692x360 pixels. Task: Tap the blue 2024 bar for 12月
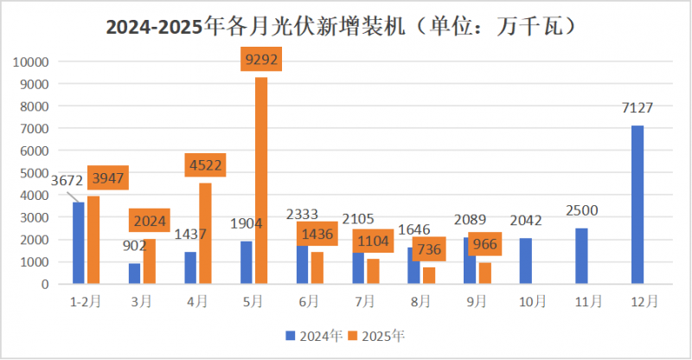click(x=638, y=204)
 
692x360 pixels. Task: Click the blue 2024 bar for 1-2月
click(x=79, y=242)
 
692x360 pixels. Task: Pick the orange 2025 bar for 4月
click(x=205, y=233)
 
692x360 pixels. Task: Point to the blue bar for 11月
click(x=582, y=255)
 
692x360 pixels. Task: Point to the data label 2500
click(x=581, y=210)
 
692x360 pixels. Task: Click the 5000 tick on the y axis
click(x=34, y=173)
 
